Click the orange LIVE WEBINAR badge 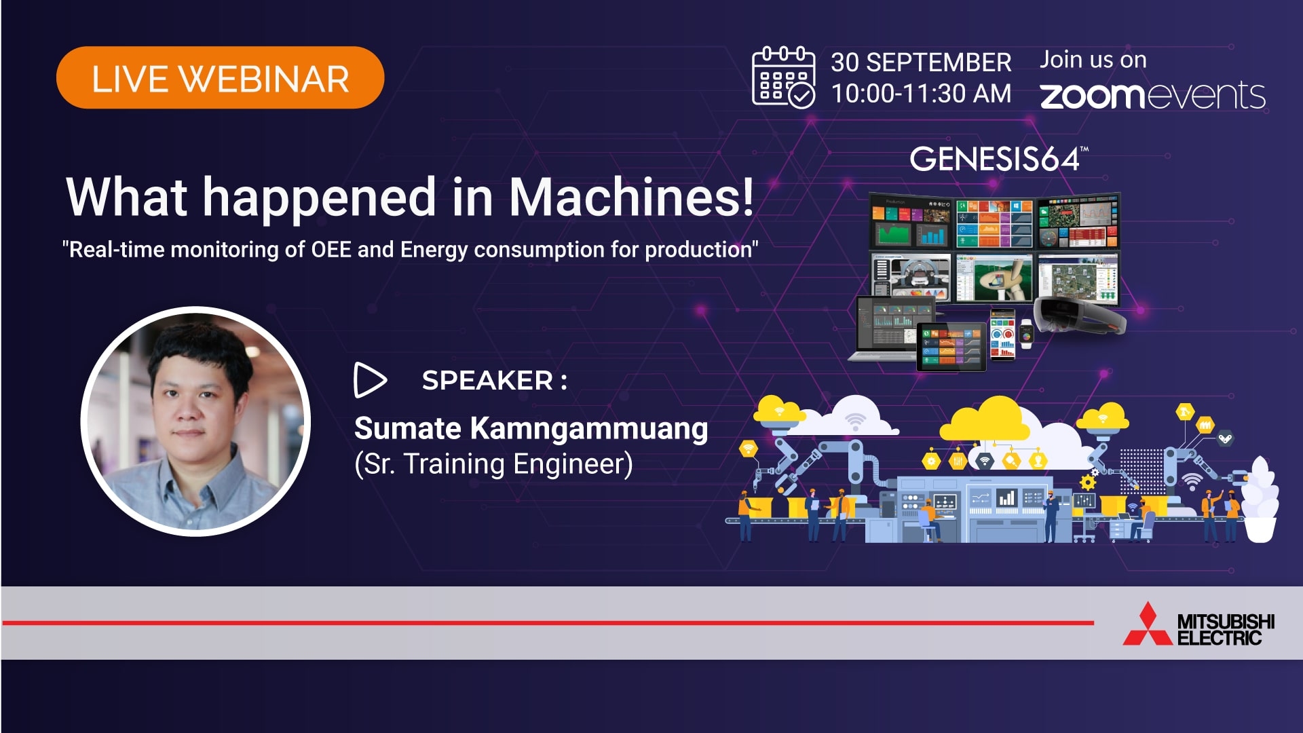point(220,77)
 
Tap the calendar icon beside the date point(784,76)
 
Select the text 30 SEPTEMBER point(921,62)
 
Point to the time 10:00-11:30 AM point(921,94)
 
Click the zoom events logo point(1153,95)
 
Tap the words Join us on point(1093,60)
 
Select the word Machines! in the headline point(631,197)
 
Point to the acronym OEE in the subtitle point(331,250)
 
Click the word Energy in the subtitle point(434,250)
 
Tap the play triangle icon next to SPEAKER point(370,380)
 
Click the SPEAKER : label point(494,380)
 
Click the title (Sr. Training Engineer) point(493,464)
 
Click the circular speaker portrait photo point(195,421)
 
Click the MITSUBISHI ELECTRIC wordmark point(1226,629)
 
